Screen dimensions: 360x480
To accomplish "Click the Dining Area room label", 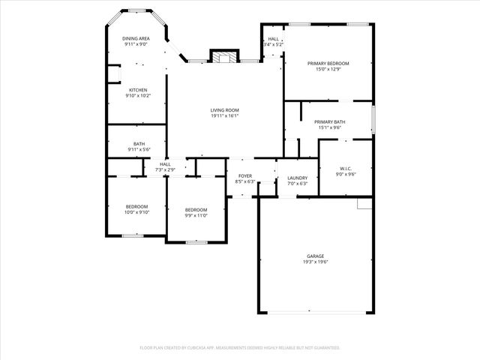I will tap(136, 37).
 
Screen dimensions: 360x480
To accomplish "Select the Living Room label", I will tap(224, 110).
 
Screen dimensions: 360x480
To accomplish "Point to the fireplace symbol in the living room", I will tap(223, 58).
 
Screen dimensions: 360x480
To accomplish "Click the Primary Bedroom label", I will tap(328, 64).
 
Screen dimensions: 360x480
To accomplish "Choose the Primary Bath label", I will tap(329, 121).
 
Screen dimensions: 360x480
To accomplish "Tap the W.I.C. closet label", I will tap(346, 168).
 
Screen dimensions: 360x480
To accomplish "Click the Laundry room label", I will tap(297, 178).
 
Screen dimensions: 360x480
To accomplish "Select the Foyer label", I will tap(245, 175).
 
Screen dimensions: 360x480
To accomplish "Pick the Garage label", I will tap(315, 256).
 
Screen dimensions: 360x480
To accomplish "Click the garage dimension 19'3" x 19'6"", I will tap(315, 262).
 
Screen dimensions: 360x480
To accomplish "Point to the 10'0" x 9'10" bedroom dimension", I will tap(136, 212).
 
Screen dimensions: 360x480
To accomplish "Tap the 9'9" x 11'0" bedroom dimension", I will tap(196, 215).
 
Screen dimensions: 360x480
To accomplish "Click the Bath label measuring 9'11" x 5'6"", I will tap(139, 144).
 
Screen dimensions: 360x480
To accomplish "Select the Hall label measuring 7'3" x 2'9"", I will tap(165, 164).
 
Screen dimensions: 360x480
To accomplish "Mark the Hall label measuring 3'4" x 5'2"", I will tap(273, 39).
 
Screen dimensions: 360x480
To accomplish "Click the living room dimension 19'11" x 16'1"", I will tap(224, 116).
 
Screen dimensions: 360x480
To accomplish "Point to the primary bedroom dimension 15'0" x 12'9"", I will tap(328, 70).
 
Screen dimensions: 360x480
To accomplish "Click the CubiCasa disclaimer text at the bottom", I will tap(240, 347).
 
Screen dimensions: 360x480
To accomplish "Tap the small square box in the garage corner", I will tap(364, 204).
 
